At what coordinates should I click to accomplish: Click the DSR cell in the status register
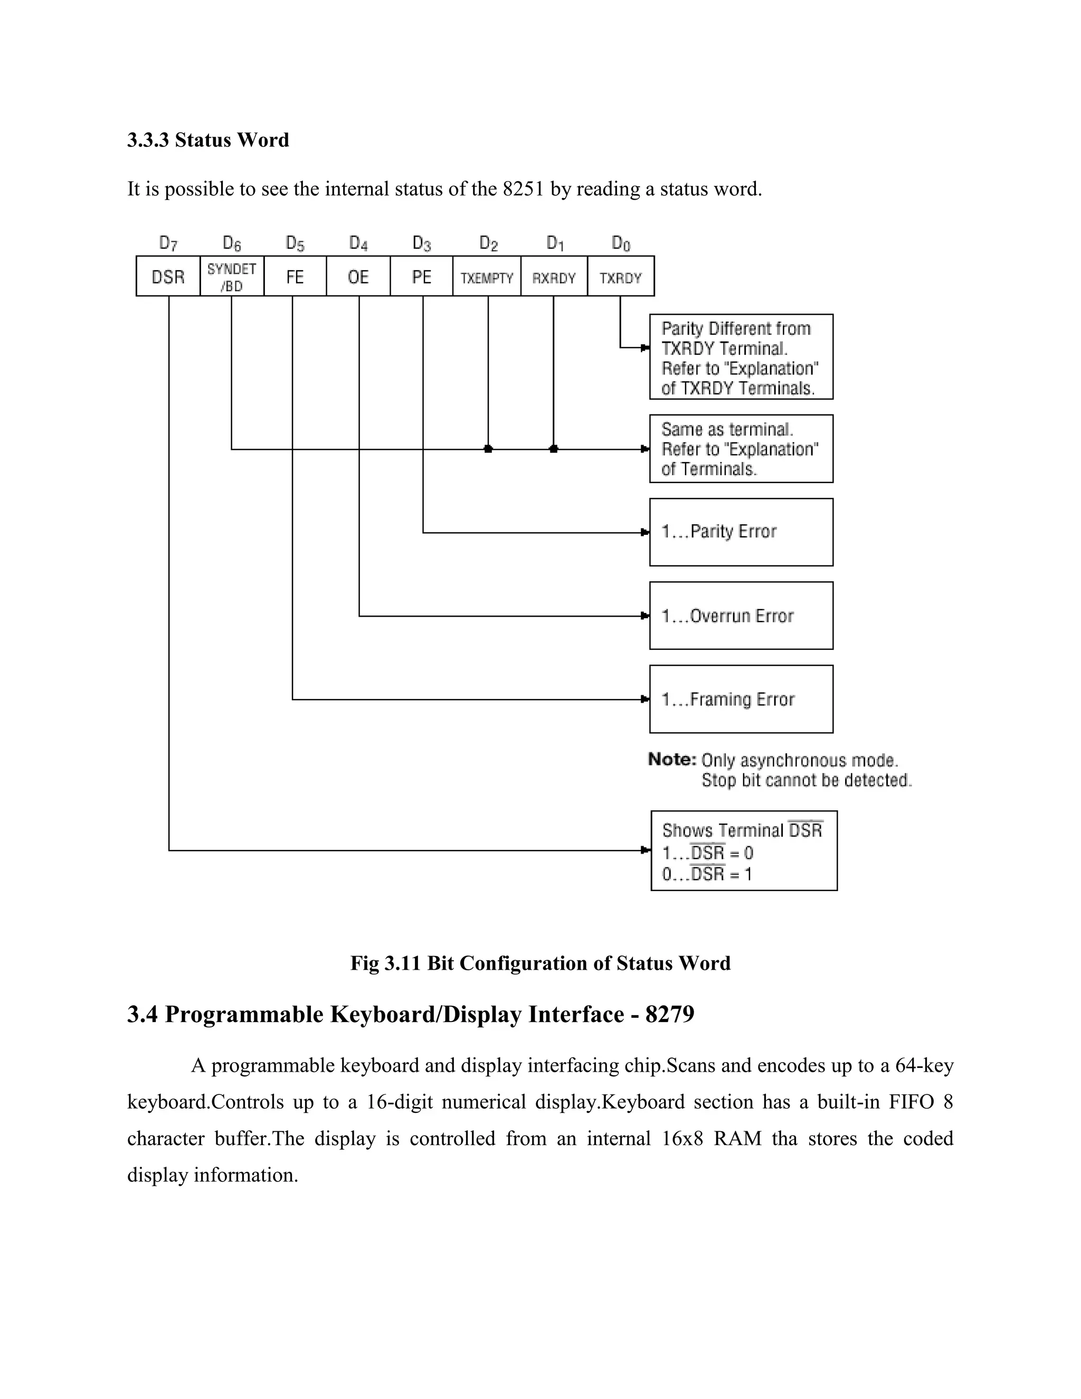pos(168,277)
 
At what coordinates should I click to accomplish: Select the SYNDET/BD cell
pos(232,277)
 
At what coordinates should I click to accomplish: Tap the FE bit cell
pos(295,277)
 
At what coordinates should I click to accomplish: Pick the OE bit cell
pos(358,277)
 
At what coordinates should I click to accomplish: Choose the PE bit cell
pos(421,277)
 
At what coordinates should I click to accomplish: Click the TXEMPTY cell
pos(487,277)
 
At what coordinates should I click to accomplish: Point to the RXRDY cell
pos(554,277)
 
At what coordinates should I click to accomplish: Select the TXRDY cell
pos(621,277)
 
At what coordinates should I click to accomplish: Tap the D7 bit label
pos(168,243)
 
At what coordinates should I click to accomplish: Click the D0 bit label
pos(621,243)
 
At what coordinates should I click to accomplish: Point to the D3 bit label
pos(421,243)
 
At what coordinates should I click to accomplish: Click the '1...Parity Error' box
pos(741,532)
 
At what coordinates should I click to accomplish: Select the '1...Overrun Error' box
pos(741,616)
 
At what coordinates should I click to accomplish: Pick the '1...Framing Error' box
pos(741,699)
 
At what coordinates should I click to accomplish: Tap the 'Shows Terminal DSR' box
pos(744,850)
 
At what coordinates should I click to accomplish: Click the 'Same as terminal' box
pos(741,448)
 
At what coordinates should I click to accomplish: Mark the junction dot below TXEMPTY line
pos(488,449)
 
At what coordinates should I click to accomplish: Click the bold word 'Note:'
pos(672,760)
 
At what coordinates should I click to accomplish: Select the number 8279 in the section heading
pos(670,1014)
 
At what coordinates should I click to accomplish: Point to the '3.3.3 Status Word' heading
pos(208,140)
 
